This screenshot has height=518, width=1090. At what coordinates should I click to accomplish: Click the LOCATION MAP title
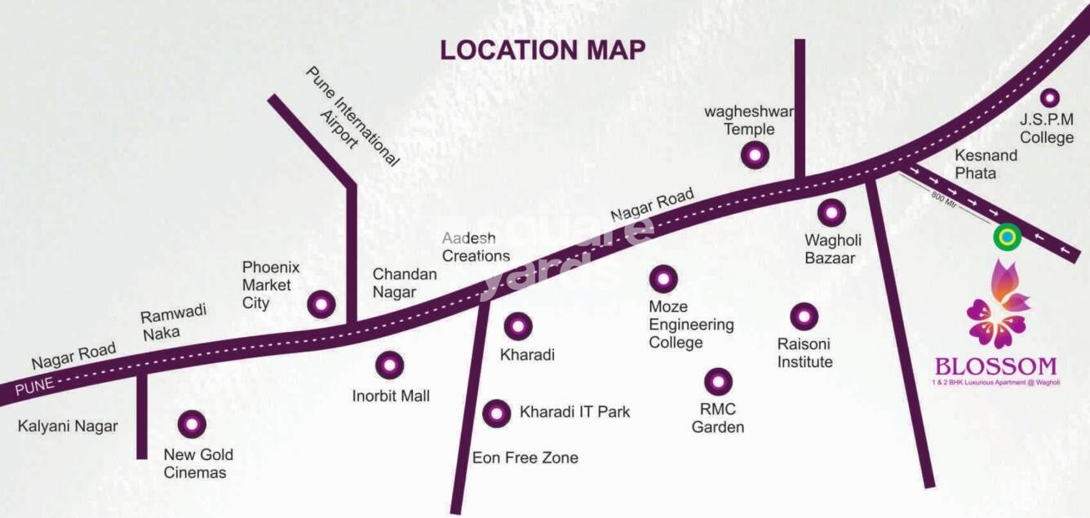point(543,50)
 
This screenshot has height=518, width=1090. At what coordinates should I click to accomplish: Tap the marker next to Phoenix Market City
point(321,304)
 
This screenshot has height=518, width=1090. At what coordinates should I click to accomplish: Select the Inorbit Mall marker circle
point(389,365)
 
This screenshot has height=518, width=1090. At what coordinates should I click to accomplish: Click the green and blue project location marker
point(1008,237)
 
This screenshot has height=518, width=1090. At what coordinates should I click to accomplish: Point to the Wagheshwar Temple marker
point(755,154)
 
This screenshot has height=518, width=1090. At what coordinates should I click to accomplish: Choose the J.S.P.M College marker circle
point(1048,98)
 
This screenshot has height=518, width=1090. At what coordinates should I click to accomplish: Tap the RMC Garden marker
point(718,381)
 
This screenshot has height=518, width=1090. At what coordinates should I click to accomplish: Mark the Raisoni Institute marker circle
point(804,316)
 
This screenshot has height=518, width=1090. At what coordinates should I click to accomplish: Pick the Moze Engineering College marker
point(662,278)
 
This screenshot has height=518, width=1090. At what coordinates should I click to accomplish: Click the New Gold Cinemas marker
point(192,423)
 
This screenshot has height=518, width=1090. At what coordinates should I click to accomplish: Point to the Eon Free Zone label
point(525,458)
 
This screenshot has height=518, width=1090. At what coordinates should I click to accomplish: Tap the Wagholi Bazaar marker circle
point(831,213)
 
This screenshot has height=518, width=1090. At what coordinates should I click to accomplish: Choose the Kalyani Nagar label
point(68,426)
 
